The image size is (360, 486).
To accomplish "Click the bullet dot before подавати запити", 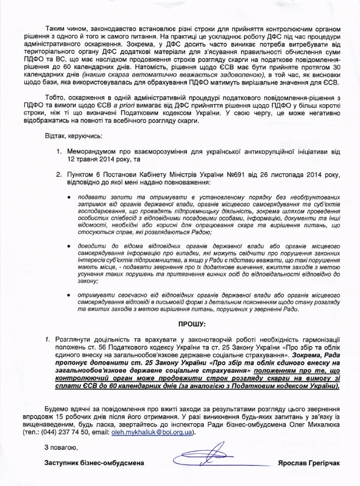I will [69, 196].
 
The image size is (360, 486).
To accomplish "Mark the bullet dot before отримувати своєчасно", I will [69, 295].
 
